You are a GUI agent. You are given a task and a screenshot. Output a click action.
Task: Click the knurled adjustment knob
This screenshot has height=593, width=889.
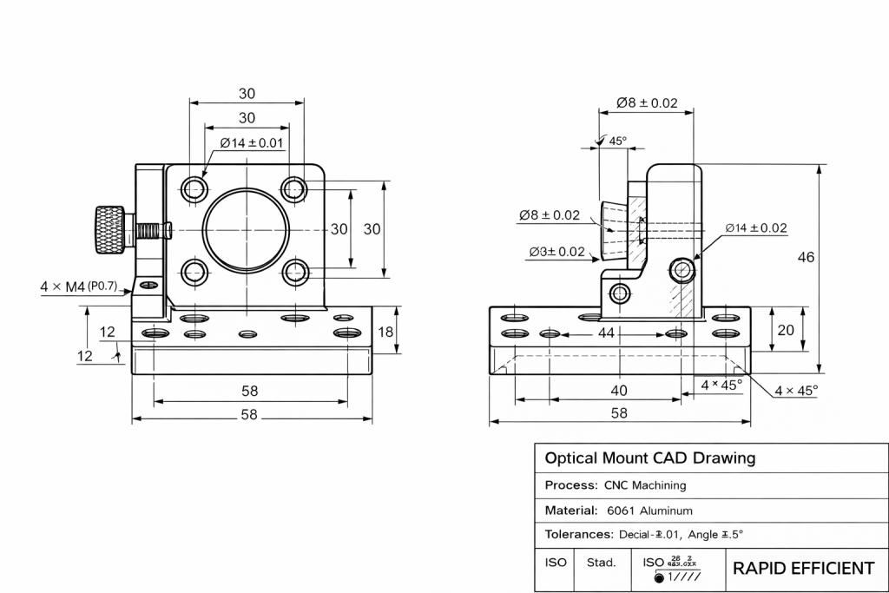coord(109,229)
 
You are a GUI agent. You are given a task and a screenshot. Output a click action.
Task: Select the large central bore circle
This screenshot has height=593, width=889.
coord(244,229)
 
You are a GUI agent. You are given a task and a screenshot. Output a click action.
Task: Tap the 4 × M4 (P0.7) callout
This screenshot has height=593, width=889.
coord(78,286)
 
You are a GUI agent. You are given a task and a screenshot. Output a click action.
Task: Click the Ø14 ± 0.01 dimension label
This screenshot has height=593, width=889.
coord(251,142)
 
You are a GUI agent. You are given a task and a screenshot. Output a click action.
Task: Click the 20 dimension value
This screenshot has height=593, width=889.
coord(786,329)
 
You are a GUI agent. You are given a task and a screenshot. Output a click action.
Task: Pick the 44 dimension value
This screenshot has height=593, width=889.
coord(605,333)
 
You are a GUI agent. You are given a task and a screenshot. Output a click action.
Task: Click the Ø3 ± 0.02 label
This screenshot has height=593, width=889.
coord(556,252)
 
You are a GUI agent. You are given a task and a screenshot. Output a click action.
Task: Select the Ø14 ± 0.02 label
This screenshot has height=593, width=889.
coord(755,228)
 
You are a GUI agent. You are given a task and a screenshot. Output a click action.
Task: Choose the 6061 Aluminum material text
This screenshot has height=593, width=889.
coord(649,511)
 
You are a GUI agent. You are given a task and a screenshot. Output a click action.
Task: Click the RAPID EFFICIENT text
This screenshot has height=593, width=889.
coord(803,569)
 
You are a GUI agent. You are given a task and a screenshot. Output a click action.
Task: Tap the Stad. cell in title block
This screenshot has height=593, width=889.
coord(601,563)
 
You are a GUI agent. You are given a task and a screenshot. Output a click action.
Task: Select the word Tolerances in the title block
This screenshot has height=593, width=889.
coord(577,534)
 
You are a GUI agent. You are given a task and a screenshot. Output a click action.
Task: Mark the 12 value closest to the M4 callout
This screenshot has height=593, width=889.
coord(108,332)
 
